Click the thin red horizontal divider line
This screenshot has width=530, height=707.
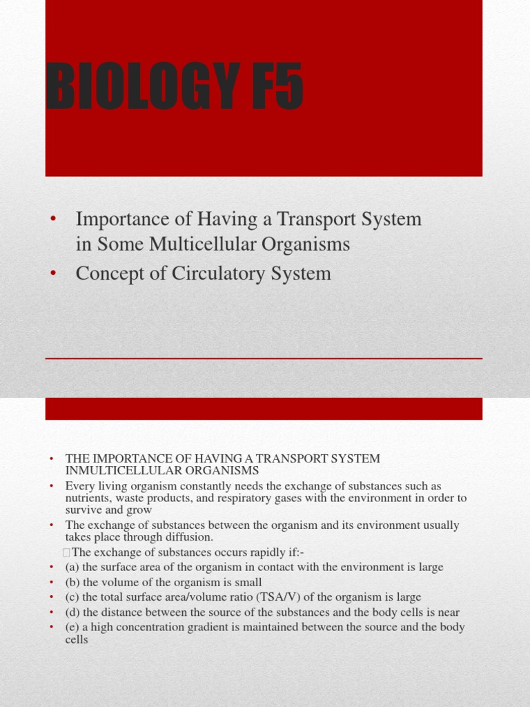[264, 358]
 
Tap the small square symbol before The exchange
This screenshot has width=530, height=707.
[66, 552]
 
